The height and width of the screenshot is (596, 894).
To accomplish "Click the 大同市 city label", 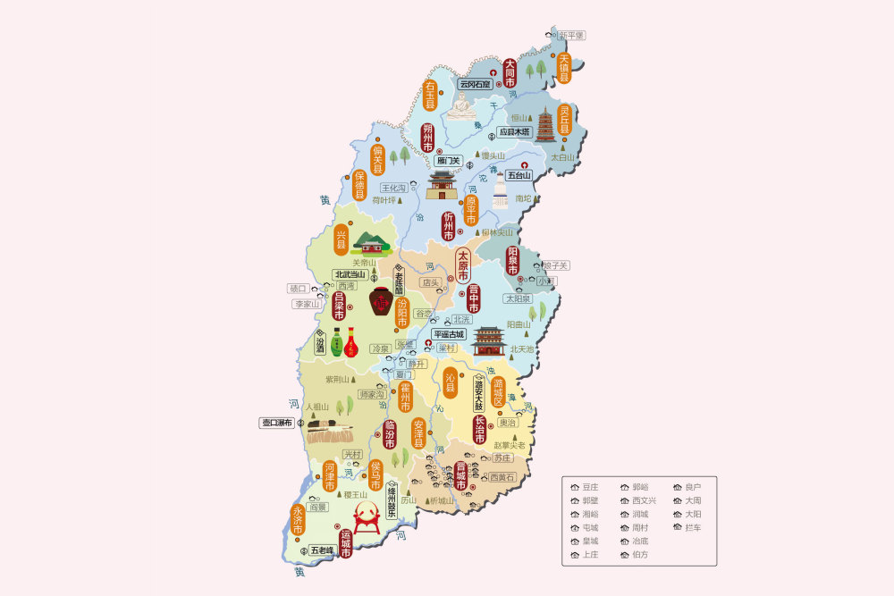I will click(510, 73).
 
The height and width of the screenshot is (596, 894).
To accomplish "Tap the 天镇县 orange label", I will click(565, 67).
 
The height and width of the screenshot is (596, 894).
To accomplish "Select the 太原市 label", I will click(463, 265).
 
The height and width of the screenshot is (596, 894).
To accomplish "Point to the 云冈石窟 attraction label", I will click(475, 84).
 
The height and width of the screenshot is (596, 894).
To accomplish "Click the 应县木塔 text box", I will click(514, 131).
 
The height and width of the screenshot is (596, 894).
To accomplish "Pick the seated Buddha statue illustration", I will click(461, 106).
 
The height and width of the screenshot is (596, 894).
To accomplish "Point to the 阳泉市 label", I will click(513, 261).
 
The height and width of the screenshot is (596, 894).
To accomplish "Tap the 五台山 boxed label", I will click(519, 175).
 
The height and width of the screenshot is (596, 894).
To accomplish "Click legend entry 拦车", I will click(693, 528).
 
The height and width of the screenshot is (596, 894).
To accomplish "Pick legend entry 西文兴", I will click(644, 500).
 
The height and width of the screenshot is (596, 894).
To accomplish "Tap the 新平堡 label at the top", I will click(570, 35).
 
